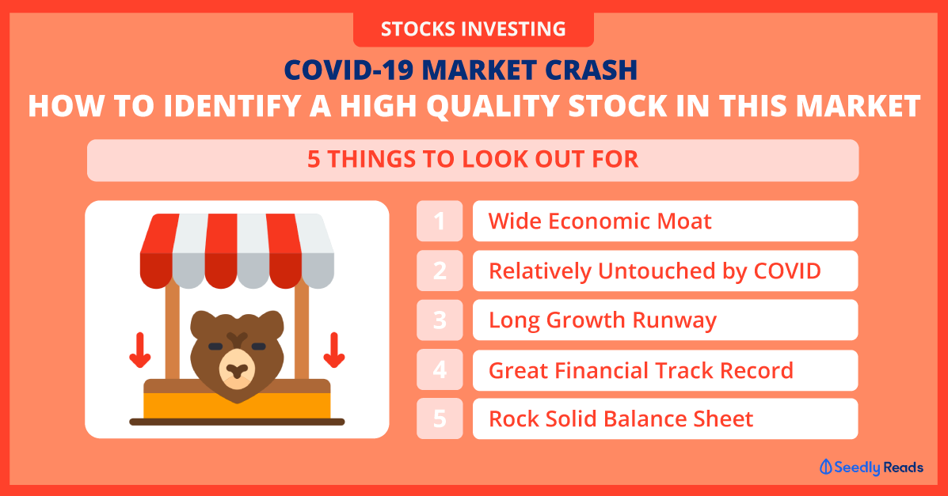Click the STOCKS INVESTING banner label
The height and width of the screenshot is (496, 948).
pyautogui.click(x=473, y=29)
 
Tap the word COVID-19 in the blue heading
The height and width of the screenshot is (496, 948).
pyautogui.click(x=348, y=70)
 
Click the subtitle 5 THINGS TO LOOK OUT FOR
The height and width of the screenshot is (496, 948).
pyautogui.click(x=473, y=160)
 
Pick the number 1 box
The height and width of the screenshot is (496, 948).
pyautogui.click(x=440, y=221)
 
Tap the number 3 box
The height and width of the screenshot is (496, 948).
pyautogui.click(x=440, y=320)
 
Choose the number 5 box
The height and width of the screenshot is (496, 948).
pyautogui.click(x=440, y=418)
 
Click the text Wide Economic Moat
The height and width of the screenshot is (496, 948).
pyautogui.click(x=600, y=221)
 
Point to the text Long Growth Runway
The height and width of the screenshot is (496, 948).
pyautogui.click(x=603, y=321)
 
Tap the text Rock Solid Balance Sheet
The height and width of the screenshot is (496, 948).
pyautogui.click(x=621, y=418)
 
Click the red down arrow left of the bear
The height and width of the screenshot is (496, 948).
pyautogui.click(x=140, y=350)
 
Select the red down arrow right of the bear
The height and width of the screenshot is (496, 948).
pyautogui.click(x=333, y=350)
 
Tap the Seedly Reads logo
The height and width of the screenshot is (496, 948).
pyautogui.click(x=871, y=467)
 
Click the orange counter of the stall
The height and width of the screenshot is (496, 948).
pyautogui.click(x=237, y=406)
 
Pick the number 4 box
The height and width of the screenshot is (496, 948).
pyautogui.click(x=440, y=369)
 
